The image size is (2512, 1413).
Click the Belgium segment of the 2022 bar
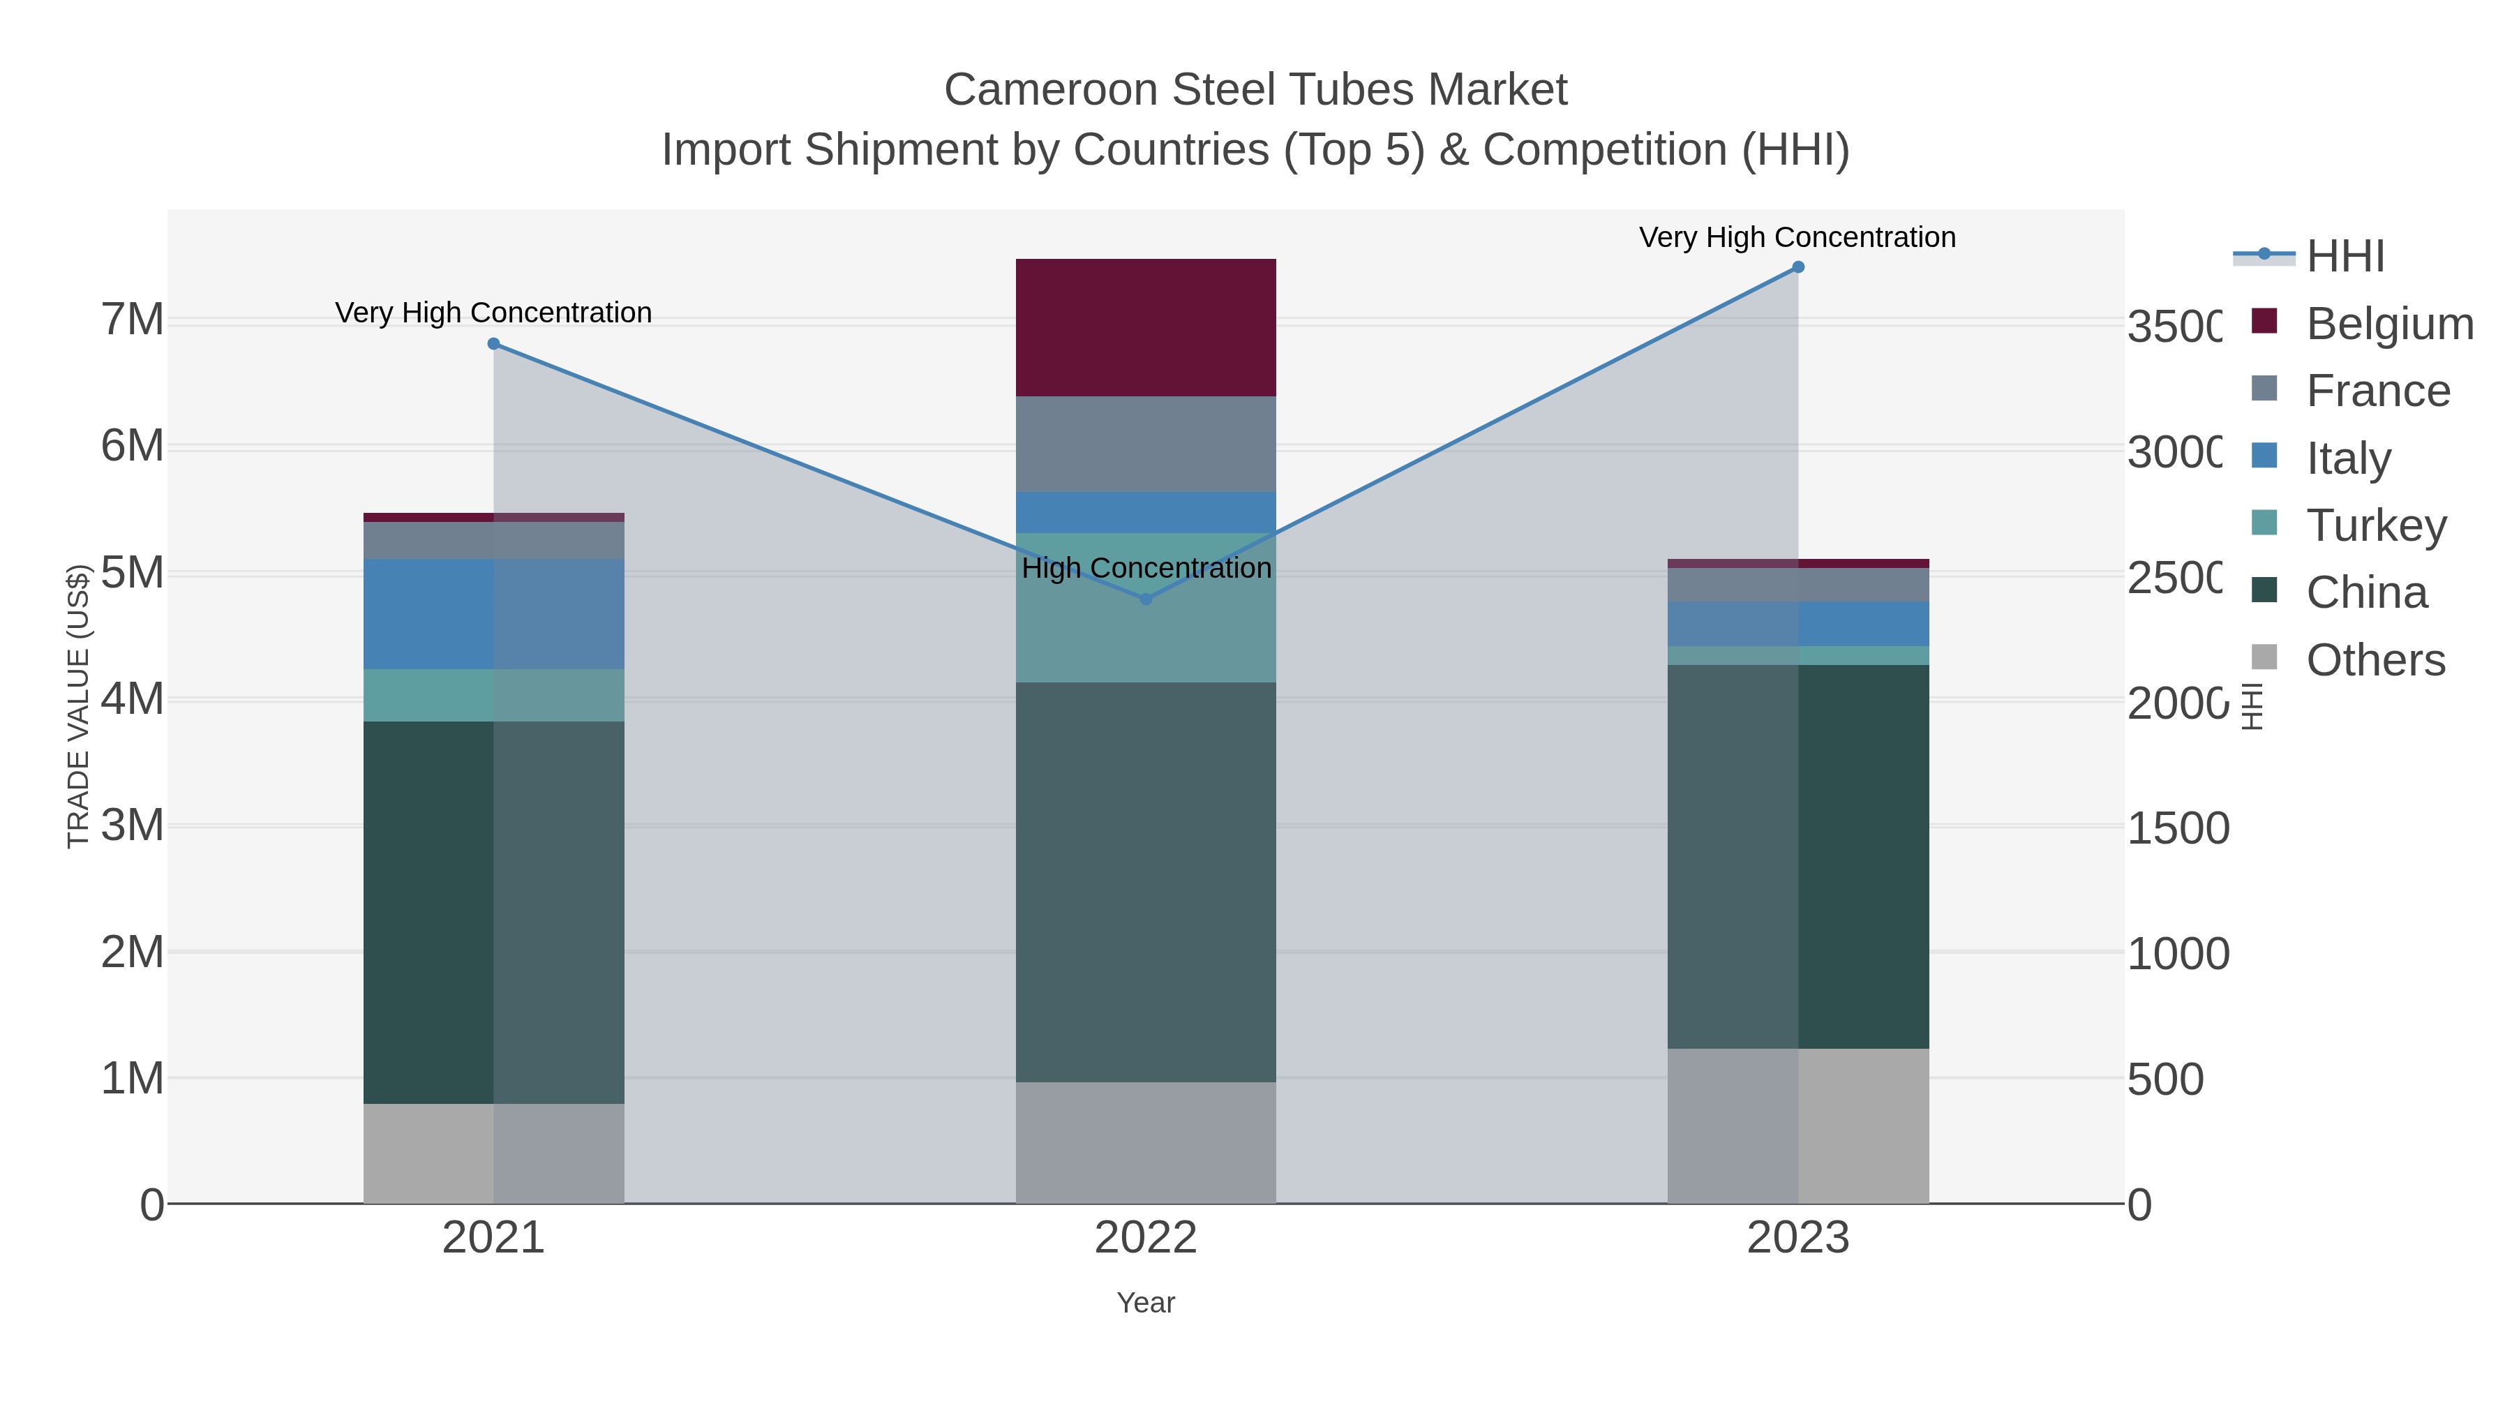tap(1146, 328)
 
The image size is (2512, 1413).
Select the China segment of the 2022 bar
tap(1146, 883)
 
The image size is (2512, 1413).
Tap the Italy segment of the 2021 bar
tap(493, 614)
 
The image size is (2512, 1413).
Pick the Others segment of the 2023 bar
tap(1798, 1126)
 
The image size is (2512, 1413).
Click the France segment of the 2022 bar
tap(1146, 444)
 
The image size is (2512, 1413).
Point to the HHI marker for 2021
tap(493, 344)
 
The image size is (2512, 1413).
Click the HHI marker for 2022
tap(1146, 599)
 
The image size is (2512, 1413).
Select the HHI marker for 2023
tap(1798, 267)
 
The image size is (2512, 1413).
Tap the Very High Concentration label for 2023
tap(1797, 238)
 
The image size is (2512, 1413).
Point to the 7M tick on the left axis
tap(132, 320)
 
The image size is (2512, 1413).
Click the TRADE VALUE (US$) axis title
tap(78, 706)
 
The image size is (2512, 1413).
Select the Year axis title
tap(1146, 1303)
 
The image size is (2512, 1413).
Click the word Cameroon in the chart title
tap(1049, 90)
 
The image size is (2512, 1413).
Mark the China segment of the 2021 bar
tap(493, 912)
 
